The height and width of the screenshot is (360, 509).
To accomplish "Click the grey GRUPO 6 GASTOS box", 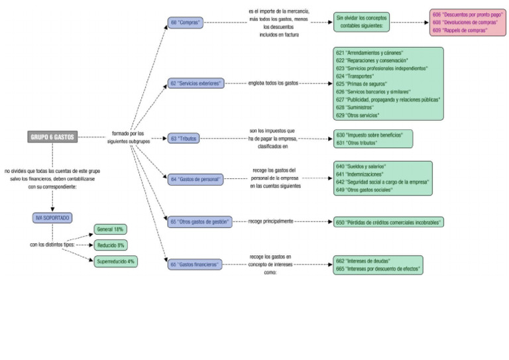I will tap(52, 137).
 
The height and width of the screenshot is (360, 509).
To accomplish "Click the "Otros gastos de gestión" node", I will tap(199, 221).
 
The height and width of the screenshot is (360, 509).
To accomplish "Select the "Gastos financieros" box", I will tap(194, 264).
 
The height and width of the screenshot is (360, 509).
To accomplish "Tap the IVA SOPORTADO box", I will tap(52, 217).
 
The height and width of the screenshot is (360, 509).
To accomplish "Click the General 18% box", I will tap(111, 229).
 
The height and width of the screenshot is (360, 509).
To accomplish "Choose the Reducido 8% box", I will tap(111, 245).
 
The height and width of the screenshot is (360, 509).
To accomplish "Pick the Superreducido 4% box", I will tap(115, 261).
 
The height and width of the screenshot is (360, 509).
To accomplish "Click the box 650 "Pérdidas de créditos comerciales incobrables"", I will tap(389, 221).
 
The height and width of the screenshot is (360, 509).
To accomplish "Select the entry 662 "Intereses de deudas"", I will tap(363, 261).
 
